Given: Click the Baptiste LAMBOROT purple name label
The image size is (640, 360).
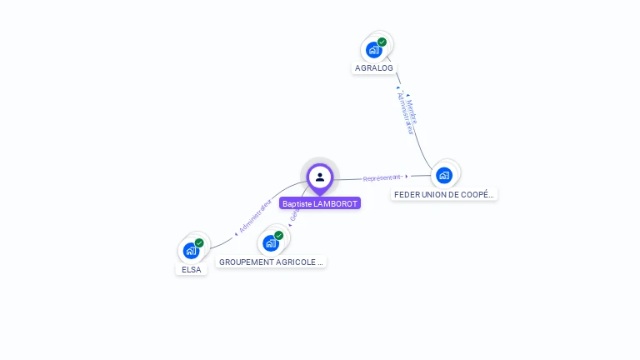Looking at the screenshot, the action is point(320,203).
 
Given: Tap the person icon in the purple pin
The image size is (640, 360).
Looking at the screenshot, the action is point(320,177).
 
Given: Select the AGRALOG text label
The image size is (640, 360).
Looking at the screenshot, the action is point(373,68).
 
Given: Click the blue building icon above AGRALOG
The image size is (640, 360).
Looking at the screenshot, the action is point(373,50).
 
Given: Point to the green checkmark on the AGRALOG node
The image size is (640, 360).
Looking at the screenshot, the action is point(382,42).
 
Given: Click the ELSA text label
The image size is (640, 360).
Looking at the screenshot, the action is point(192,269).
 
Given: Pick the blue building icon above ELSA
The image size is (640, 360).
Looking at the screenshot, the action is point(191,251).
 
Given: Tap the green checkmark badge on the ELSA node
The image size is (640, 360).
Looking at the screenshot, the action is point(199,243).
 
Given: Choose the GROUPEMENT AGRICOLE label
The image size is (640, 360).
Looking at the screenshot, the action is point(271,262).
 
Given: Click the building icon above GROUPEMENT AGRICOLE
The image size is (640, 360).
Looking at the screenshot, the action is point(270,243).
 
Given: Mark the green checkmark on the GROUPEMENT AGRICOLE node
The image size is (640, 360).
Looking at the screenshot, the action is point(278,236).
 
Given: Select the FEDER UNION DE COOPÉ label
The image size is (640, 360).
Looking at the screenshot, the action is point(444,194).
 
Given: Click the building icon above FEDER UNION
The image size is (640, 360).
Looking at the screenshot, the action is point(444,175).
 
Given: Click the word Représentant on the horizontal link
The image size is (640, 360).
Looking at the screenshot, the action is point(382,177).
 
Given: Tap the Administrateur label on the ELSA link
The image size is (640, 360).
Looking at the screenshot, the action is point(256,216).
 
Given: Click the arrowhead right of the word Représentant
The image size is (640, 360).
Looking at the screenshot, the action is point(407,176).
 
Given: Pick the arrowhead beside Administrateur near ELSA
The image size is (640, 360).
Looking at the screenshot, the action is point(237,233).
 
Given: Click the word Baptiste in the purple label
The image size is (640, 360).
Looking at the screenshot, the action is point(297,203).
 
